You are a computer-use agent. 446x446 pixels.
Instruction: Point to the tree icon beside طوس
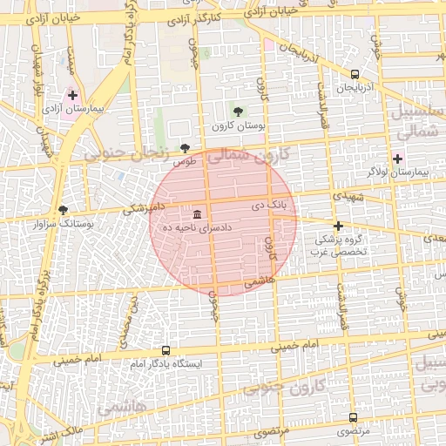[184, 148]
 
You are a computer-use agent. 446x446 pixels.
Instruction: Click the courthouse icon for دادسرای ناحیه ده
[198, 213]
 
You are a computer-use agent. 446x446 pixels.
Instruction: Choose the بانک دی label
[268, 207]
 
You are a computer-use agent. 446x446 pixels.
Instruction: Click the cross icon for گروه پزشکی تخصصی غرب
[338, 226]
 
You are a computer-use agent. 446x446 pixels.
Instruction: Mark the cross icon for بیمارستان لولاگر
[398, 159]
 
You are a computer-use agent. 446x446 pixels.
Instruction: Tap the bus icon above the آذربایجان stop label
[355, 75]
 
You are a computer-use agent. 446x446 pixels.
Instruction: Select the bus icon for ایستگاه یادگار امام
[166, 350]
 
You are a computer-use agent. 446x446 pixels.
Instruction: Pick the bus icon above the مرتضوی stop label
[353, 417]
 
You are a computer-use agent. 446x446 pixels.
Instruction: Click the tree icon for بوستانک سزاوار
[62, 209]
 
